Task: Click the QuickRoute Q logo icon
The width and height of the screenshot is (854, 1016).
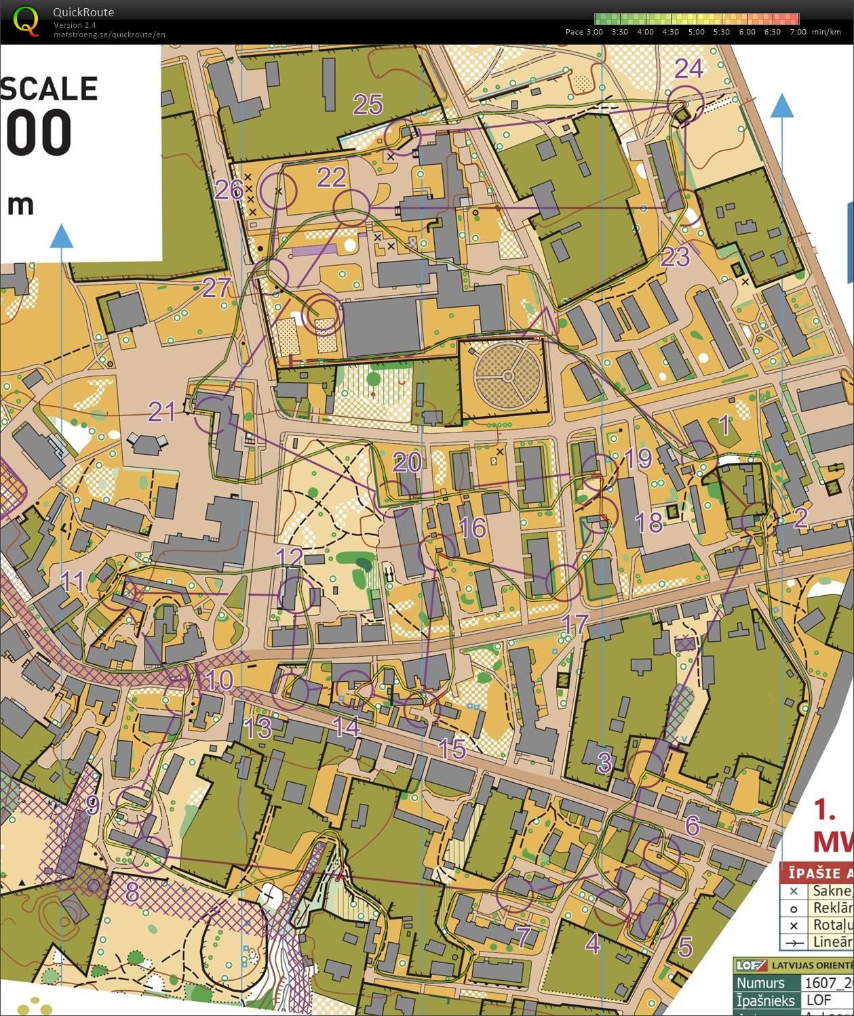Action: click(26, 21)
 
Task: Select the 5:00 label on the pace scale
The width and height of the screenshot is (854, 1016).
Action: click(697, 32)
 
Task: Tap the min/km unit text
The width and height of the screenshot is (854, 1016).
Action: click(826, 32)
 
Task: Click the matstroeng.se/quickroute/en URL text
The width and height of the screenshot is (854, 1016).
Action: click(109, 35)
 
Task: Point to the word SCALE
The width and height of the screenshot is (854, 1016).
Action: click(49, 89)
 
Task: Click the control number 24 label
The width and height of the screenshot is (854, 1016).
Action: click(688, 68)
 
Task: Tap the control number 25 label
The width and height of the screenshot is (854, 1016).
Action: click(368, 105)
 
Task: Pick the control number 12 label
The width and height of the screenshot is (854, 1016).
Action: click(290, 557)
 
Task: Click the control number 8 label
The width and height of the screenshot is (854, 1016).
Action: click(132, 893)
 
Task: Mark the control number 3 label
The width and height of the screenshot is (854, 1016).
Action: click(604, 763)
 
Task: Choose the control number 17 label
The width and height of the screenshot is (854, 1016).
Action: click(575, 624)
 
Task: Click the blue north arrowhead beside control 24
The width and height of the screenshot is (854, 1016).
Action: click(782, 106)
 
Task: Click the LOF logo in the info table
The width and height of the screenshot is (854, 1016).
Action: click(751, 966)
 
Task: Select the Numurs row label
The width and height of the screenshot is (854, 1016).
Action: click(760, 983)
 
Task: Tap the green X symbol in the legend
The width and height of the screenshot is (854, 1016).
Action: click(794, 891)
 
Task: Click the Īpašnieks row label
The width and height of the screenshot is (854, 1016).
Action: click(765, 1000)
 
